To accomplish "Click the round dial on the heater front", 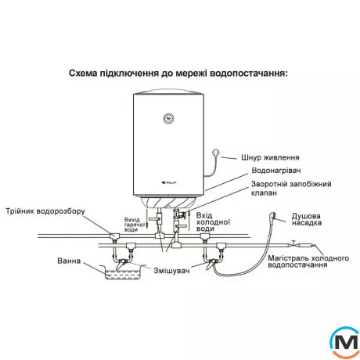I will (167, 118).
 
